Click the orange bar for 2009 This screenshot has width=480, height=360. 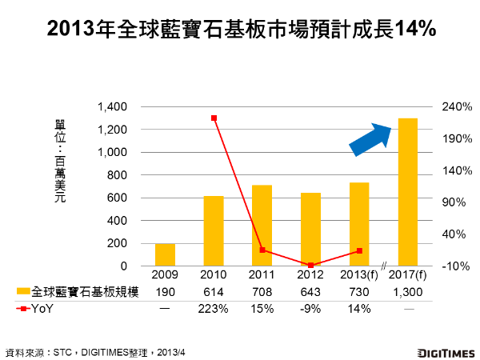click(165, 255)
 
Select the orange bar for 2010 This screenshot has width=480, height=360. click(214, 231)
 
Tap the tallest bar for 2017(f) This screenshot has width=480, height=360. click(407, 192)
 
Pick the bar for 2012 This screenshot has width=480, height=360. click(310, 230)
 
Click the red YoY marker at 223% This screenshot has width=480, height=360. click(214, 118)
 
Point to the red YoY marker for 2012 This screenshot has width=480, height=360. click(310, 265)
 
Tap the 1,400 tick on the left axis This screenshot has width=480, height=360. click(112, 107)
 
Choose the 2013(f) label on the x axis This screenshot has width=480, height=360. click(359, 277)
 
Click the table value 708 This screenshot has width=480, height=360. click(262, 293)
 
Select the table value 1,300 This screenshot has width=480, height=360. click(408, 293)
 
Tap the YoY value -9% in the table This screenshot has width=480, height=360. click(310, 309)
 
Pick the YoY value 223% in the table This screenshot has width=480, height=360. click(214, 309)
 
